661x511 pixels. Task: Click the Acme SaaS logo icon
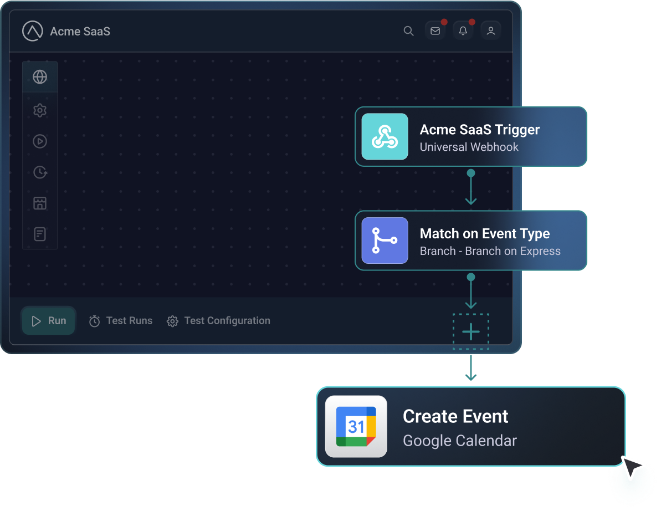[x=33, y=31]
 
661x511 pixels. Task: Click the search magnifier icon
[x=408, y=31]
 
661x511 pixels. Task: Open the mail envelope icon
[x=435, y=31]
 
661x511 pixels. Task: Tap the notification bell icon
[x=463, y=31]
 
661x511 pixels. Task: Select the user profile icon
[x=490, y=31]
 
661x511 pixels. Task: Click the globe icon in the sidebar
[x=40, y=77]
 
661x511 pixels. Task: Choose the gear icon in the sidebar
[x=40, y=110]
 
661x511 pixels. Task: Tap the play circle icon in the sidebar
[x=40, y=141]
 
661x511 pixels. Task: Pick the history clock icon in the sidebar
[x=40, y=172]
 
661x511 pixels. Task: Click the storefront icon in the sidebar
[x=40, y=203]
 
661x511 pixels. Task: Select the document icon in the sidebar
[x=40, y=234]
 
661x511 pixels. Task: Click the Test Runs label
[x=129, y=321]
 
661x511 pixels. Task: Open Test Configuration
[x=227, y=321]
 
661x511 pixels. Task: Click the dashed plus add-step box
[x=471, y=332]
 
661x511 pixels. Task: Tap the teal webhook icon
[x=385, y=136]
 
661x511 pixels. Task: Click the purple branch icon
[x=385, y=241]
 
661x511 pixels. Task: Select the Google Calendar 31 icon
[x=356, y=426]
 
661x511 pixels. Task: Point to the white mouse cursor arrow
[x=632, y=468]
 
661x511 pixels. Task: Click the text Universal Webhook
[x=469, y=147]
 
